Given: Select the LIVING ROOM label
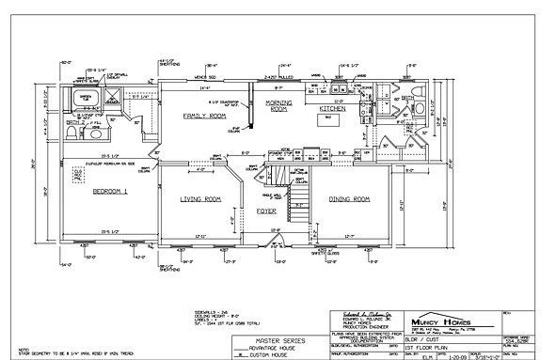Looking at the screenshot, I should click(x=200, y=199).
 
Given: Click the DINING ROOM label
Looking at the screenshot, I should click(x=349, y=199).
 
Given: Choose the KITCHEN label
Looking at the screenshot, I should click(x=334, y=109).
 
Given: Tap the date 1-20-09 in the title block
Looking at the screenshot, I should click(x=454, y=355).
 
